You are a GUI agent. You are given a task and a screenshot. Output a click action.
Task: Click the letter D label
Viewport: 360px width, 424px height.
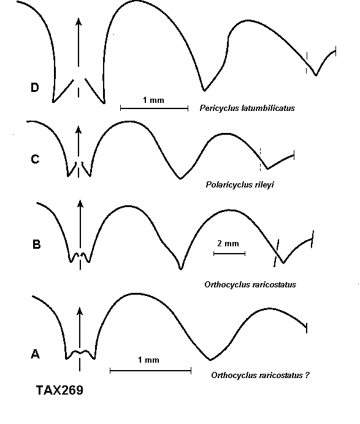pyautogui.click(x=34, y=88)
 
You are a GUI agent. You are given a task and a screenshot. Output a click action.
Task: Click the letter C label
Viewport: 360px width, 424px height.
pyautogui.click(x=35, y=159)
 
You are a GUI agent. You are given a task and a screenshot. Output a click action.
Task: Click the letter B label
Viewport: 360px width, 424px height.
pyautogui.click(x=37, y=244)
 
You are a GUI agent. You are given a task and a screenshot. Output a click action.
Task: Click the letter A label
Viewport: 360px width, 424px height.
pyautogui.click(x=36, y=354)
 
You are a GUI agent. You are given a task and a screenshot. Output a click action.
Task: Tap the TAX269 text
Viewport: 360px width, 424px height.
pyautogui.click(x=59, y=390)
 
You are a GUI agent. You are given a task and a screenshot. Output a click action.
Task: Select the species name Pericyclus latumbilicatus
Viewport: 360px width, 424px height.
pyautogui.click(x=247, y=108)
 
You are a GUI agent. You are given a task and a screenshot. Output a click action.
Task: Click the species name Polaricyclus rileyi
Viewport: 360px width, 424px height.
pyautogui.click(x=240, y=184)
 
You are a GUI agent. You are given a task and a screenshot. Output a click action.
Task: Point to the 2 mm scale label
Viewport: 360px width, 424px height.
pyautogui.click(x=228, y=243)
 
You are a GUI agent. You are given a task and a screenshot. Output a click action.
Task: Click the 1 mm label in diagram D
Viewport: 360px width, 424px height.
pyautogui.click(x=153, y=100)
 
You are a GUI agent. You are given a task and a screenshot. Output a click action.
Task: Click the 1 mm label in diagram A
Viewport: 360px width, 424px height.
pyautogui.click(x=148, y=360)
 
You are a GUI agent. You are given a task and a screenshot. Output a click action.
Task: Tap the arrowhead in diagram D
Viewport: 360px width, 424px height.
pyautogui.click(x=79, y=21)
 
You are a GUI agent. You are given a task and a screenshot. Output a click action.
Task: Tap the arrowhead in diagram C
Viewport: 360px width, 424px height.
pyautogui.click(x=79, y=130)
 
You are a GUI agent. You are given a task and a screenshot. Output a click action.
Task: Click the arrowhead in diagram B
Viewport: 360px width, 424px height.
pyautogui.click(x=80, y=204)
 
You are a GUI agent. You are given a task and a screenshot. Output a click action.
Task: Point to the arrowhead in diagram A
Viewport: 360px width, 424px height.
pyautogui.click(x=80, y=311)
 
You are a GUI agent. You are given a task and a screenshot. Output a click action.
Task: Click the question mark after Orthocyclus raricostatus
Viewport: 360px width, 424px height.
pyautogui.click(x=307, y=375)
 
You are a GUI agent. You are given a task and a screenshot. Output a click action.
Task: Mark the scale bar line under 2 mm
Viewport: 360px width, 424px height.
pyautogui.click(x=229, y=254)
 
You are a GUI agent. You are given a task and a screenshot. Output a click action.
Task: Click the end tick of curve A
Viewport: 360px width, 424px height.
pyautogui.click(x=307, y=328)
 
